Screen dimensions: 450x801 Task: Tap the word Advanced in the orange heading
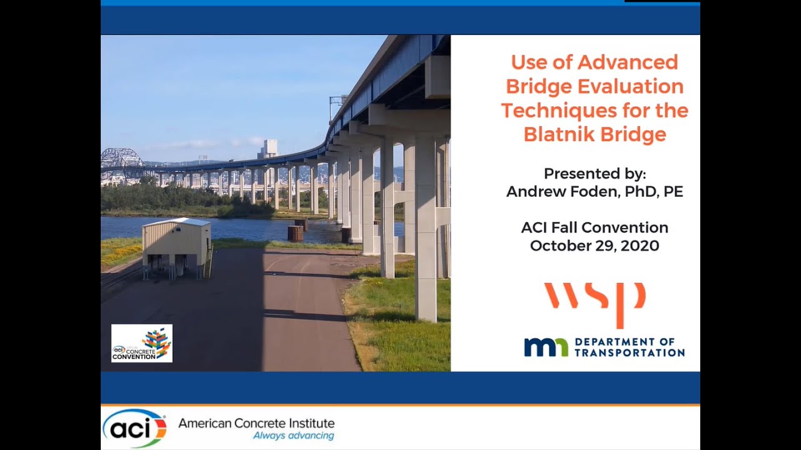(x=628, y=62)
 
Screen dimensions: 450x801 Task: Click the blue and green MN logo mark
(x=546, y=347)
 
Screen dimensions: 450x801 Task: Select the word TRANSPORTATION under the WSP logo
(x=630, y=352)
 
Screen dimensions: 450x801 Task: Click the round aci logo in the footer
(x=135, y=428)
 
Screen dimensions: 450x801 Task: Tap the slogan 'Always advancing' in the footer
(x=293, y=436)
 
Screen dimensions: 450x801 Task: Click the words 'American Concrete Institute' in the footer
(x=257, y=423)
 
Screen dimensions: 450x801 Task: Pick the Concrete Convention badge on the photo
(x=141, y=343)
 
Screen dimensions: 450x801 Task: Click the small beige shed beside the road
(x=176, y=246)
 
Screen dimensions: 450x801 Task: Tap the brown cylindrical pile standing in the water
(x=295, y=233)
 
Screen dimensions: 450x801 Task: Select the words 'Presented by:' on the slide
(x=594, y=173)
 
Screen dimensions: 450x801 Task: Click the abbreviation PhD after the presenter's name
(x=645, y=192)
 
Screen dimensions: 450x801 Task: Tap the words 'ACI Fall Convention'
(x=594, y=227)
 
